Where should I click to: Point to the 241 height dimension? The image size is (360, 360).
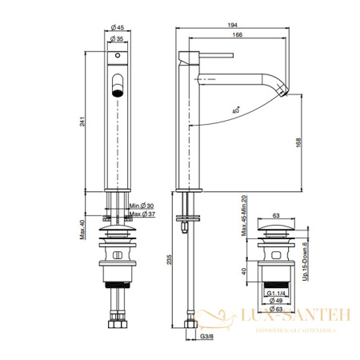tap(93, 119)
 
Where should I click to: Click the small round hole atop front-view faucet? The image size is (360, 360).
tap(118, 57)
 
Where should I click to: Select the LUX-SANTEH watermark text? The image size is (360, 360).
tap(298, 317)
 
